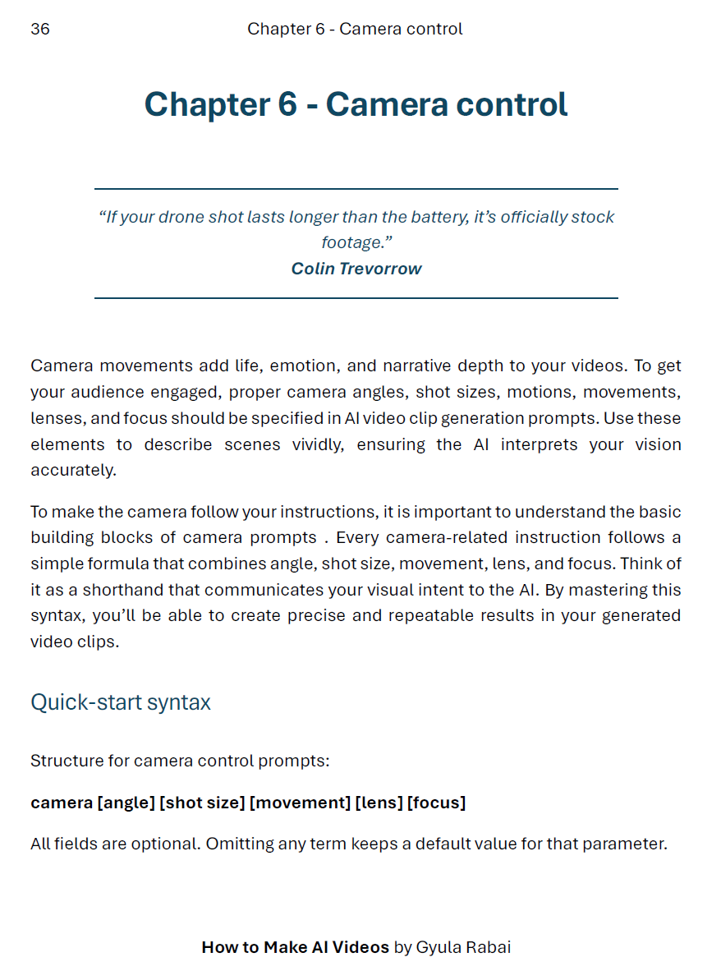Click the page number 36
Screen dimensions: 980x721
pos(40,30)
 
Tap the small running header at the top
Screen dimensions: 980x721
pos(355,30)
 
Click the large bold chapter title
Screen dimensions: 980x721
pos(356,105)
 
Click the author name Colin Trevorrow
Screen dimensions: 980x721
pos(356,269)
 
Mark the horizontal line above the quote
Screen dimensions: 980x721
pos(356,189)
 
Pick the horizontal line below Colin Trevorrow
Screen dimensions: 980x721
pos(356,298)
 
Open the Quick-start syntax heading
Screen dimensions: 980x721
pos(121,702)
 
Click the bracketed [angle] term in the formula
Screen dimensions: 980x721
pos(126,803)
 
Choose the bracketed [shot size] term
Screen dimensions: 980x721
pos(202,803)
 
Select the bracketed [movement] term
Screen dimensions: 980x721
pos(300,803)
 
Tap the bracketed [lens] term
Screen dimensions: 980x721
pos(379,803)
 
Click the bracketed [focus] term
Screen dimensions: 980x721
pos(436,803)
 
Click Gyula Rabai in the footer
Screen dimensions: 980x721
pos(463,947)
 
